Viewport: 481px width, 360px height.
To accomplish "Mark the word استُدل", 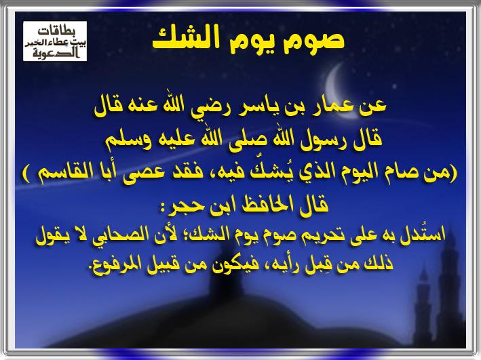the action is [420, 235].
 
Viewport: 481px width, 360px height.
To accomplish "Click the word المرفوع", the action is [115, 264].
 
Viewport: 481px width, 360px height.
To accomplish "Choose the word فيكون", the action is [232, 264].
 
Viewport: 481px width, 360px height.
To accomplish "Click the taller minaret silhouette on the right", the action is [449, 285].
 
